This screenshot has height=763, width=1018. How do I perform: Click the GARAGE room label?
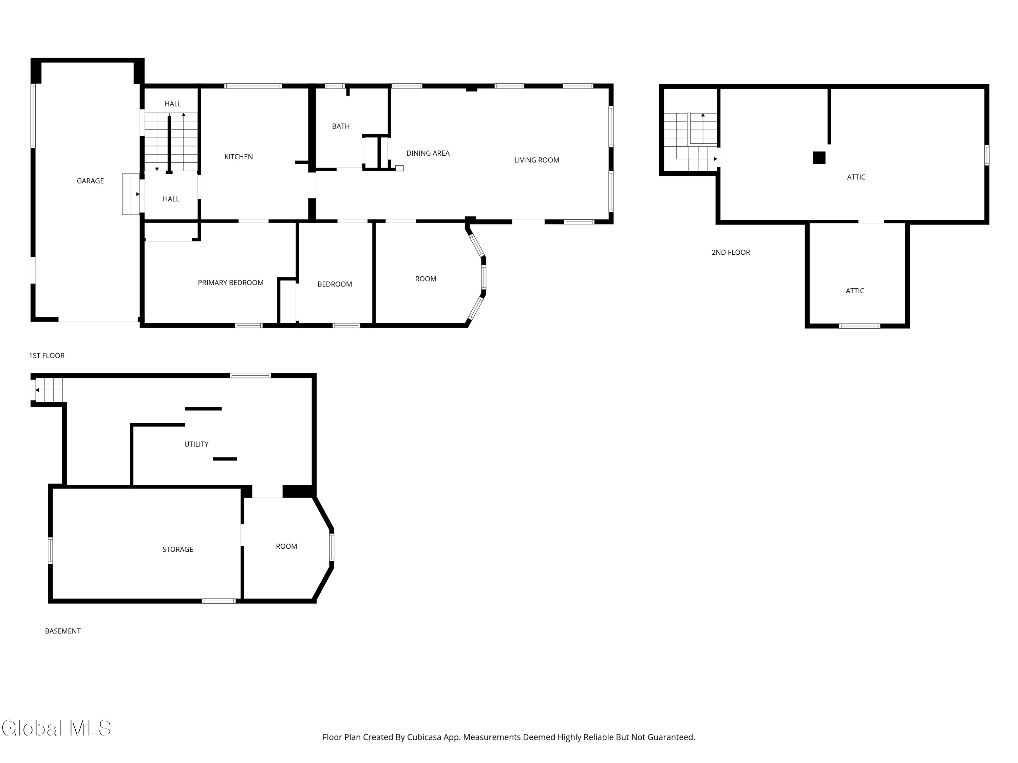point(90,181)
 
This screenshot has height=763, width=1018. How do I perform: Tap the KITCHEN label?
point(239,157)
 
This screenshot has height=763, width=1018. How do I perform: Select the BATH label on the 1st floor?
point(341,126)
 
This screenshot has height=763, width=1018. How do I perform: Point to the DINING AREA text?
point(428,153)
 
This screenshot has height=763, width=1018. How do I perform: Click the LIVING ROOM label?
point(536,160)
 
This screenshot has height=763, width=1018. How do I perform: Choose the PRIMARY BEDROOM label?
point(230,283)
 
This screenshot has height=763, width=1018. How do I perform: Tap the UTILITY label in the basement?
point(196,444)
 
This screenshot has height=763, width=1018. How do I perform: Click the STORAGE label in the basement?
point(178,549)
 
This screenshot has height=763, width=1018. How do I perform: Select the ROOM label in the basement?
point(286,546)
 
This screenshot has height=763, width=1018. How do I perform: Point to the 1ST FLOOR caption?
point(46,355)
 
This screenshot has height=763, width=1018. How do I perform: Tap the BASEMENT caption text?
point(62,631)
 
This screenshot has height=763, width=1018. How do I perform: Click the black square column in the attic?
point(819,158)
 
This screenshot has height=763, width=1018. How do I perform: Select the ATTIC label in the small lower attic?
point(855,291)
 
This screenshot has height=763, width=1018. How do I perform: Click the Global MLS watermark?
point(56,728)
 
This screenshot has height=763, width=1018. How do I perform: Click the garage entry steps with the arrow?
point(131,194)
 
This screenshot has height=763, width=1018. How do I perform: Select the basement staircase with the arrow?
point(48,390)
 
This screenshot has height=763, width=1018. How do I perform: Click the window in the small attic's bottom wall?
point(859,326)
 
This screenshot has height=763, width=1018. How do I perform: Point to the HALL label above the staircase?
point(173,104)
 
